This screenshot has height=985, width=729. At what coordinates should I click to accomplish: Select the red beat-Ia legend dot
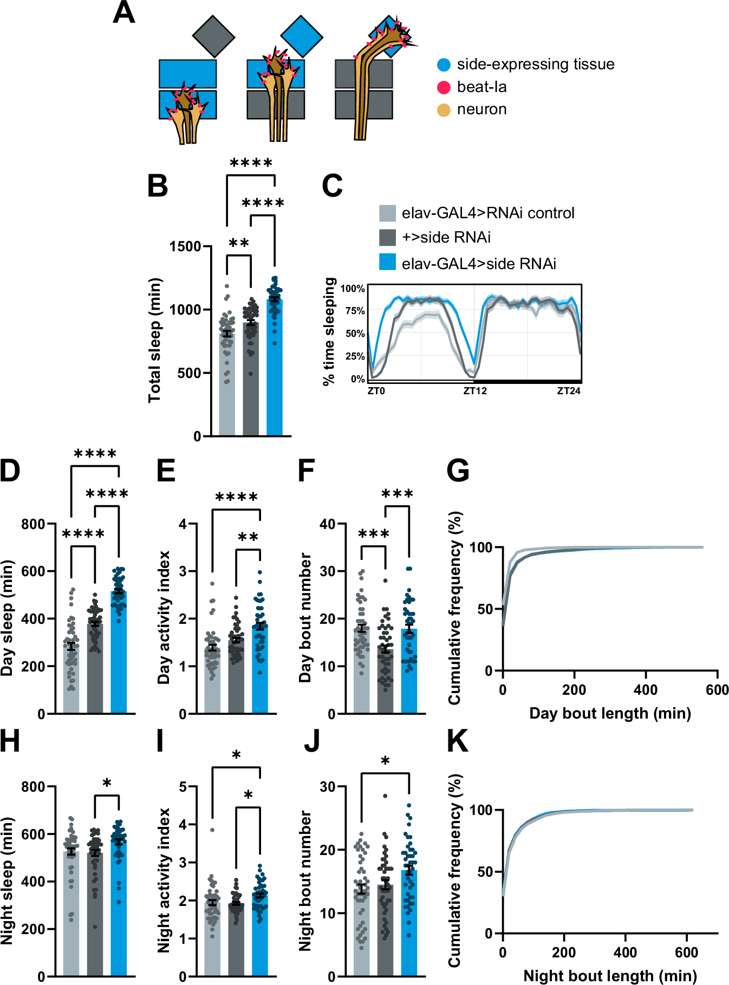(x=444, y=87)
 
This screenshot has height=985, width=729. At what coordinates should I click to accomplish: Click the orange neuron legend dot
(x=444, y=110)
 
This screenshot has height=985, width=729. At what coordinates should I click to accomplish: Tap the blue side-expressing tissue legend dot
(x=444, y=64)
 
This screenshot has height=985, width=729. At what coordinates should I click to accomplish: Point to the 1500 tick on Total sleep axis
(x=185, y=246)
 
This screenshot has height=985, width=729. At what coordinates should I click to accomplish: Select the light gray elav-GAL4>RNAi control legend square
(x=387, y=213)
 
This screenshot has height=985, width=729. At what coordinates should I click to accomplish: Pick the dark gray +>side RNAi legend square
(x=387, y=237)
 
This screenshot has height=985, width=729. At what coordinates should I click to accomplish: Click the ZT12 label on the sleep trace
(x=475, y=390)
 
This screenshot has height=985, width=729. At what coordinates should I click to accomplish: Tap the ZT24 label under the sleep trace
(x=569, y=390)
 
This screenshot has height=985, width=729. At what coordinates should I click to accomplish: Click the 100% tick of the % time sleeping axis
(x=353, y=289)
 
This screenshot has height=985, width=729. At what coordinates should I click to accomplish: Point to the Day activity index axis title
(x=164, y=617)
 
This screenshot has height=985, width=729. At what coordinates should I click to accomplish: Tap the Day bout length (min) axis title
(x=610, y=713)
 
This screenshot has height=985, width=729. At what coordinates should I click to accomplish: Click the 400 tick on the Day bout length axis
(x=646, y=690)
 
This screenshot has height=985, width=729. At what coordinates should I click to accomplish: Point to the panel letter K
(x=458, y=741)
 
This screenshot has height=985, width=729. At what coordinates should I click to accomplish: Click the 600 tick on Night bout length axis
(x=686, y=953)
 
